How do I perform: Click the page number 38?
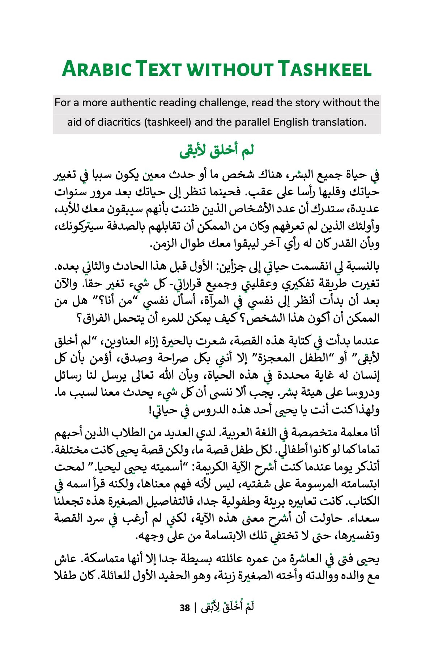[x=185, y=608]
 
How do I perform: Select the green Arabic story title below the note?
[x=216, y=151]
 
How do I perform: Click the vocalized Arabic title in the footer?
[x=228, y=607]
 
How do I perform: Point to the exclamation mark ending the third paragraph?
[x=150, y=410]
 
